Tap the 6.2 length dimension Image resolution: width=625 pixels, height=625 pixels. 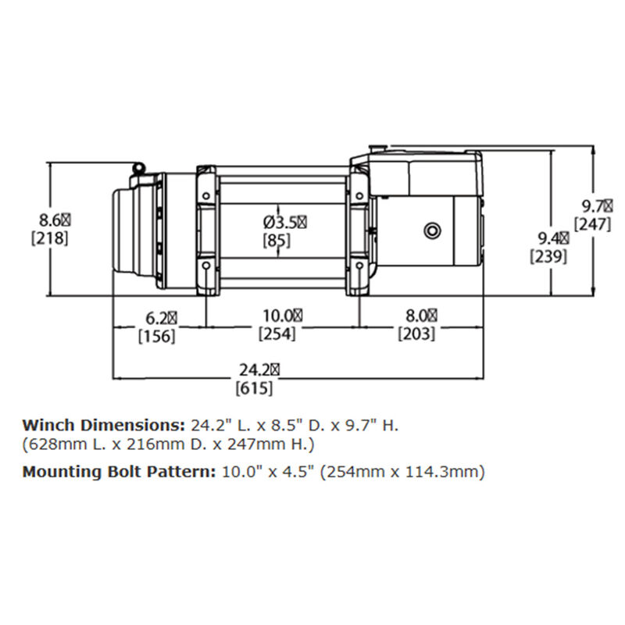[157, 317]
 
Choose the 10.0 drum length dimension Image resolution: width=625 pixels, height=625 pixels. [277, 316]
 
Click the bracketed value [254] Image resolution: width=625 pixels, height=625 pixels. [277, 334]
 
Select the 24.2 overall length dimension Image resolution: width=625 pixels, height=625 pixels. [254, 370]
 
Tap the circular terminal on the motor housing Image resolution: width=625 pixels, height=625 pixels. [430, 230]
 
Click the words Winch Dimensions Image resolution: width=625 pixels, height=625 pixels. [103, 427]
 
